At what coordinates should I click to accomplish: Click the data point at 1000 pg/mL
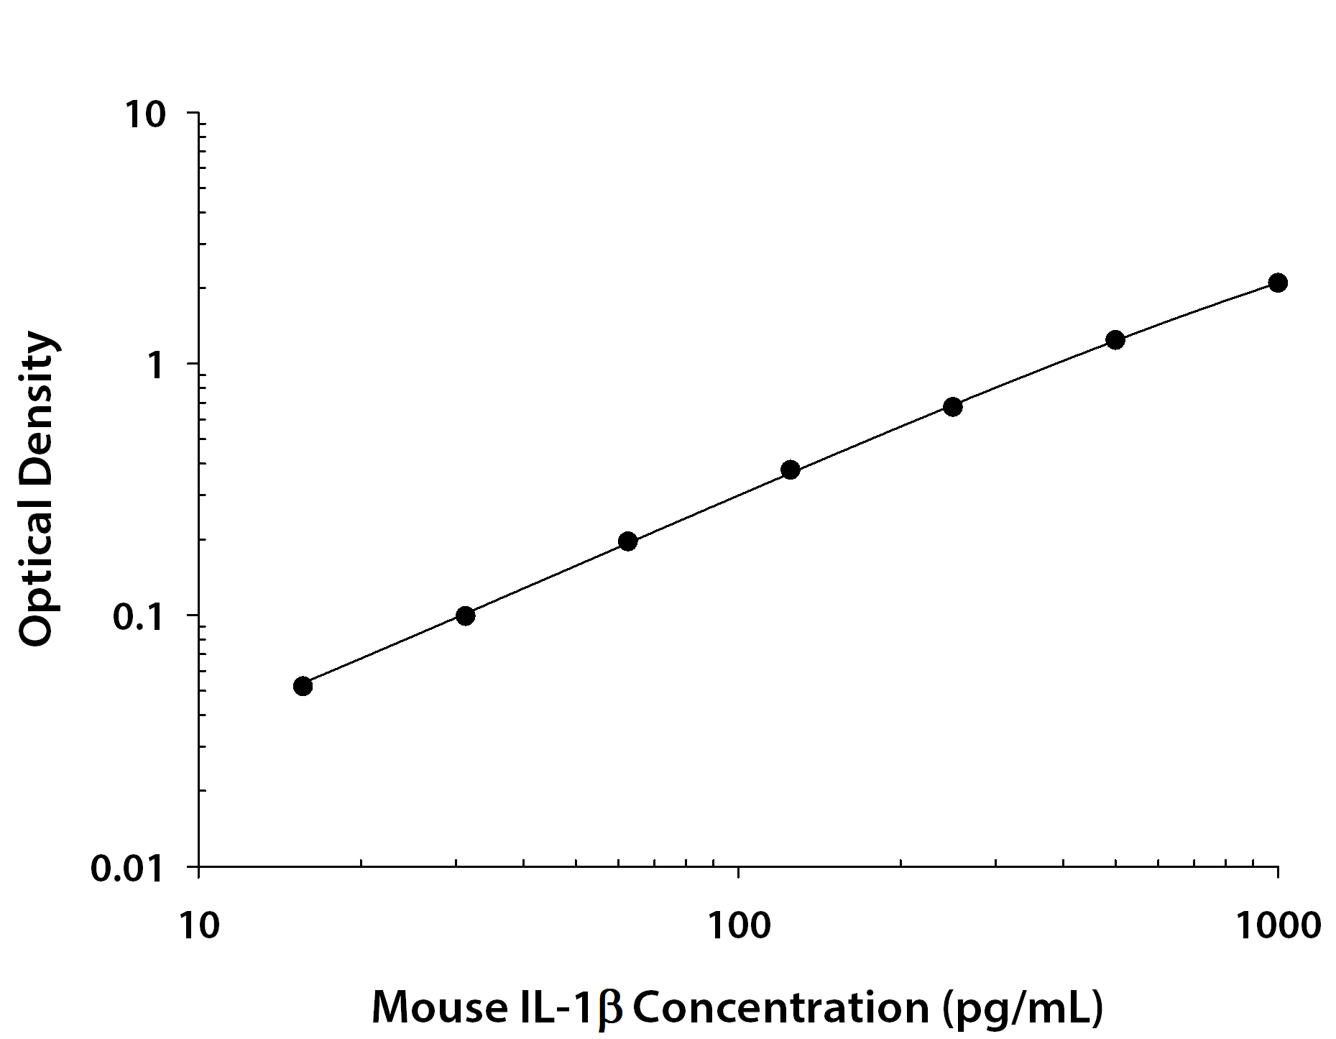click(x=1277, y=283)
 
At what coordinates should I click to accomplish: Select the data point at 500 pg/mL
click(x=1115, y=340)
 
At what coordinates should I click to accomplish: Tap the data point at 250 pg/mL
click(x=952, y=407)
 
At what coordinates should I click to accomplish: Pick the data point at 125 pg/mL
click(x=790, y=470)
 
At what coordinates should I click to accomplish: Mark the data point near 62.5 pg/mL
click(x=627, y=541)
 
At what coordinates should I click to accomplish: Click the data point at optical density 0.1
click(x=465, y=616)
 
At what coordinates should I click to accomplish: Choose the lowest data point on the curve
click(x=303, y=686)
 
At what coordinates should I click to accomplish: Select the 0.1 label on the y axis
click(x=138, y=618)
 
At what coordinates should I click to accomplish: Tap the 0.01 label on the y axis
click(x=129, y=869)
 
